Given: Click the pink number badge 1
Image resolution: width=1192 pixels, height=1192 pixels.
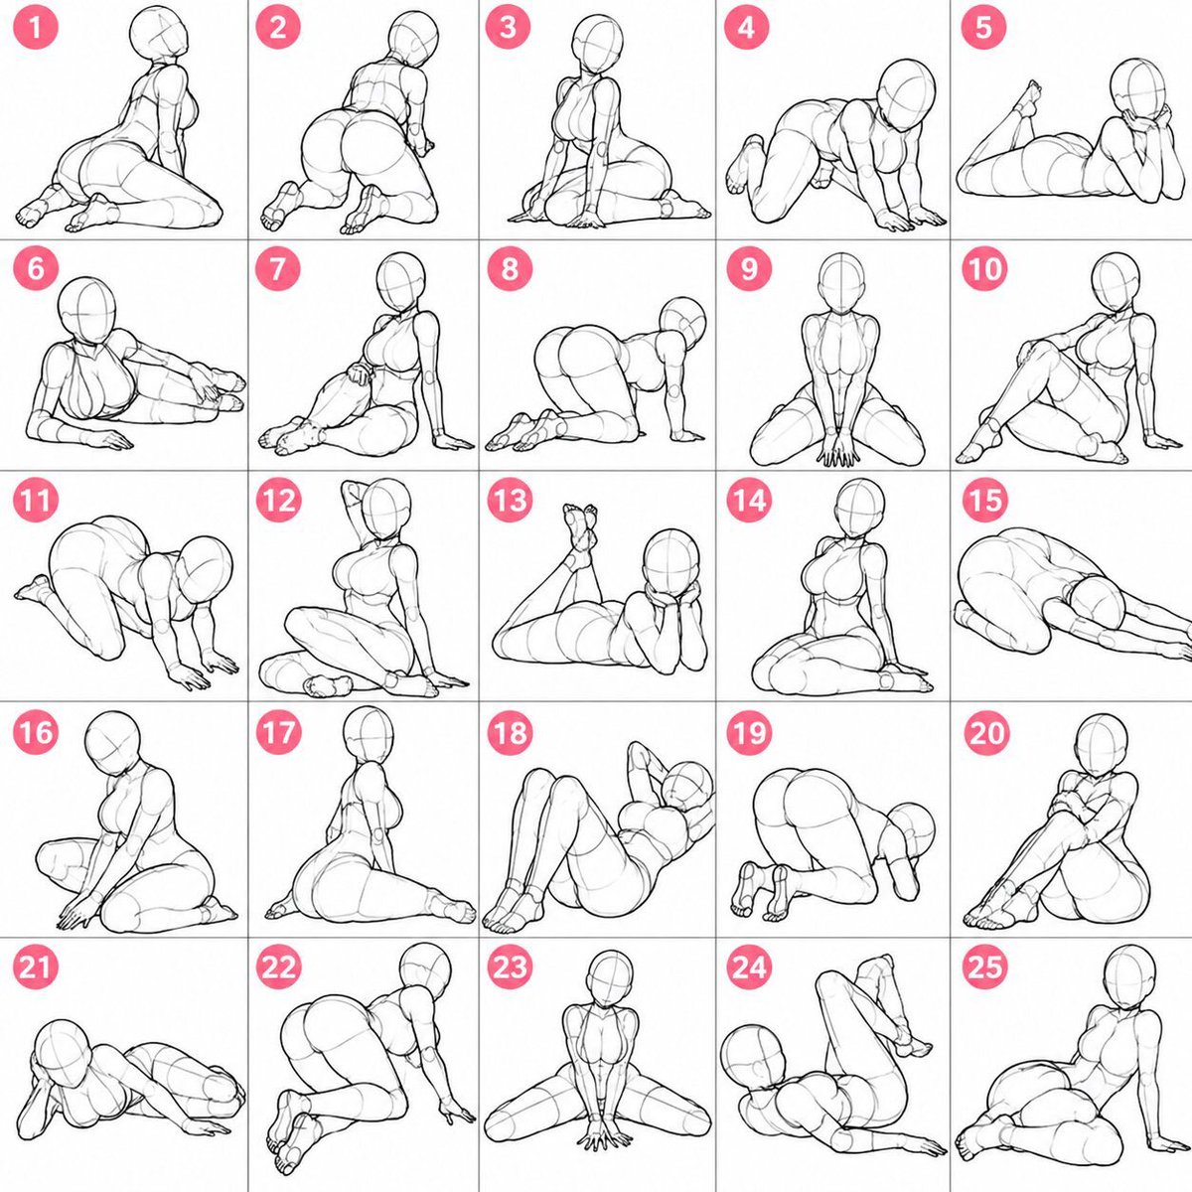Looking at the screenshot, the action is (x=35, y=27).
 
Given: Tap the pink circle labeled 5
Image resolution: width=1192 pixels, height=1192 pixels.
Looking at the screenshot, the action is (x=983, y=27).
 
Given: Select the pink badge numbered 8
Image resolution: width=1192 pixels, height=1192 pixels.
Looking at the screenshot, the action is (x=509, y=268).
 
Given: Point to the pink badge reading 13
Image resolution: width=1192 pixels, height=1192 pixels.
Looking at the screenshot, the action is (x=510, y=500).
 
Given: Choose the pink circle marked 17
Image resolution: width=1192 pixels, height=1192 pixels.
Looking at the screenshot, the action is (x=278, y=733).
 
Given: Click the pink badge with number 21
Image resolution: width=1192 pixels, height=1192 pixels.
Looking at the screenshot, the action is (x=35, y=967).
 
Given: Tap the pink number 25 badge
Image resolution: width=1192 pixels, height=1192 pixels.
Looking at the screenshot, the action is (x=984, y=967).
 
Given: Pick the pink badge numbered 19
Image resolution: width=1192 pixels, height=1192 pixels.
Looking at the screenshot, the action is (x=749, y=733).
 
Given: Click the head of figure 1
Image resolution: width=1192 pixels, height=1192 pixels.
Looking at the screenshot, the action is (x=159, y=34).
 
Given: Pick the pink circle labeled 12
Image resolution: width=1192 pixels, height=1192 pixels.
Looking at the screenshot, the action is (x=278, y=500).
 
